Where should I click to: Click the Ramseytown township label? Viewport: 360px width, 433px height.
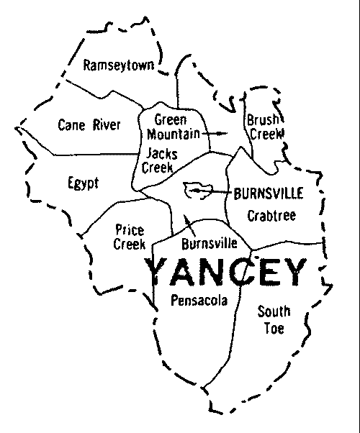tap(119, 66)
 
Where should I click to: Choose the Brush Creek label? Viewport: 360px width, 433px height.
tap(265, 127)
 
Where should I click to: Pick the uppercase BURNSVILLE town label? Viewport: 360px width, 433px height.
tap(269, 193)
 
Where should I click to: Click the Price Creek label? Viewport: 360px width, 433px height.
tap(129, 237)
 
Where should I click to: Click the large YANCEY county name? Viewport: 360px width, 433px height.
tap(226, 273)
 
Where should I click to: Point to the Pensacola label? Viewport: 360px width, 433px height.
tap(199, 301)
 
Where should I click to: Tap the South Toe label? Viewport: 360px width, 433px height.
tap(274, 320)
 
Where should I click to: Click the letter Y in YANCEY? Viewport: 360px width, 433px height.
tap(160, 273)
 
